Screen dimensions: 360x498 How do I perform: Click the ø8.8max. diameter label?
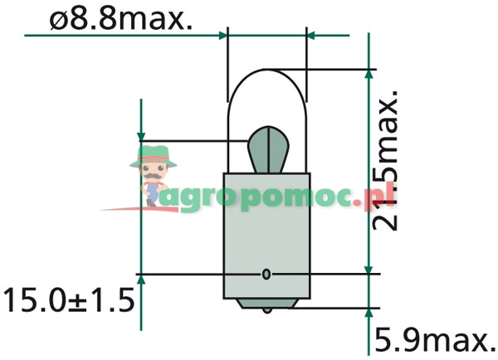[x=120, y=18]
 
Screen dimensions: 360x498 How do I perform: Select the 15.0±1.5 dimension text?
[x=68, y=298]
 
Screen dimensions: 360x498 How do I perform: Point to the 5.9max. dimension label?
[x=436, y=339]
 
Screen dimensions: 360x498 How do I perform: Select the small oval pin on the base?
[x=266, y=274]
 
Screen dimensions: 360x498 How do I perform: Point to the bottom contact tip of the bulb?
[x=266, y=310]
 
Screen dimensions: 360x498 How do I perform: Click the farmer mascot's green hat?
[x=153, y=154]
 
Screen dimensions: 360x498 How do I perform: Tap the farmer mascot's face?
[x=153, y=173]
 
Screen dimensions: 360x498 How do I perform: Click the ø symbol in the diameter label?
[x=59, y=19]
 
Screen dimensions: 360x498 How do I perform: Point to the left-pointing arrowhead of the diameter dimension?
[x=313, y=35]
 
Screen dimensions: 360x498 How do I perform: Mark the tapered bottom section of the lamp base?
[x=266, y=300]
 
